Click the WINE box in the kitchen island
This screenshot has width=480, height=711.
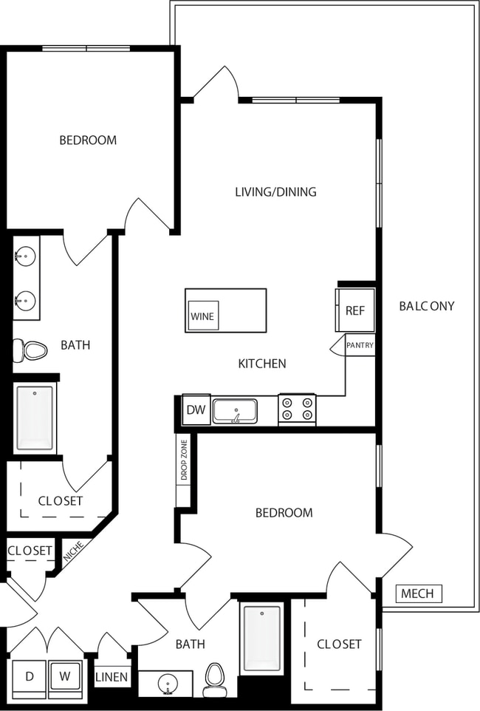coord(202,316)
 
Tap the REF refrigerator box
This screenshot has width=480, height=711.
coord(355,310)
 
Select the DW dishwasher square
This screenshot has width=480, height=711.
coord(196,410)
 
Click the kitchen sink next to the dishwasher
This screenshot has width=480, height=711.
coord(235,411)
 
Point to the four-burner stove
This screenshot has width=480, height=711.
coord(297,410)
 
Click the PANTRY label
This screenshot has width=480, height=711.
coord(360,345)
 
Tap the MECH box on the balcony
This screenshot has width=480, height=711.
coord(418,593)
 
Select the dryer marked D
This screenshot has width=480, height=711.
coord(30,676)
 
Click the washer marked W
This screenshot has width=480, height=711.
coord(65,676)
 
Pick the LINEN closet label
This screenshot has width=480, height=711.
coord(112,677)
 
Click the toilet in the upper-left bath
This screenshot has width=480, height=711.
coord(30,350)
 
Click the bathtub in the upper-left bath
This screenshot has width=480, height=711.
coord(35,418)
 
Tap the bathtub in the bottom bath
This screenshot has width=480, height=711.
coord(262,637)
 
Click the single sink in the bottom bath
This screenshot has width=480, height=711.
coord(168,684)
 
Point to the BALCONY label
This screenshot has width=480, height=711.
coord(426,306)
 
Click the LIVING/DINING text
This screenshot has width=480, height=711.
coord(275,192)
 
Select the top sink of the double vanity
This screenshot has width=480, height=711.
coord(25,257)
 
